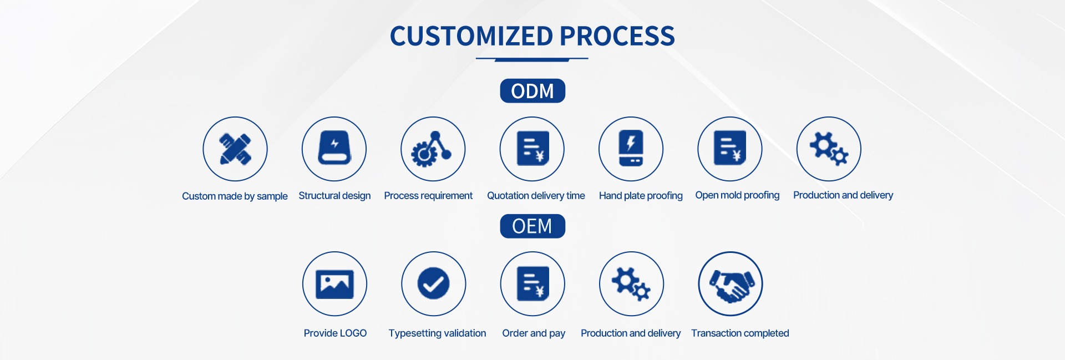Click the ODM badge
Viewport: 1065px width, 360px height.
(532, 91)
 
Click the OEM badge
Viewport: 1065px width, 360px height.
(532, 226)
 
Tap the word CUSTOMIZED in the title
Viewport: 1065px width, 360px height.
(471, 37)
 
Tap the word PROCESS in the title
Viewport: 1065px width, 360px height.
(617, 37)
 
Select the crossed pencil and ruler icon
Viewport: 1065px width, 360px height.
(235, 149)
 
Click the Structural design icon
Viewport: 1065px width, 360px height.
(334, 149)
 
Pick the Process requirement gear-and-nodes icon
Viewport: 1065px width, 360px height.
(433, 149)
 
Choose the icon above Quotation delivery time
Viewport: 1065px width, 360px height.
(532, 149)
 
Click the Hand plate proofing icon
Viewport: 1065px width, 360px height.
(631, 149)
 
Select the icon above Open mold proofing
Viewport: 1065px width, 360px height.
(729, 149)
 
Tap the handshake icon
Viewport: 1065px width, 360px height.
(731, 284)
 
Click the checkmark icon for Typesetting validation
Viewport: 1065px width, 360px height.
(433, 284)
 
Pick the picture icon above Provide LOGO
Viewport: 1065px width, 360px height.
(334, 284)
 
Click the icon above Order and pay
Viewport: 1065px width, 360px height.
(532, 284)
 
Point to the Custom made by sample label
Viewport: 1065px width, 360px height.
(235, 196)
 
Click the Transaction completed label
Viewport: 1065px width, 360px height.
(740, 333)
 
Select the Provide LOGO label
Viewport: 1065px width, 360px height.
(335, 333)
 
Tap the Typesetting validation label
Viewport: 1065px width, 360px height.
(437, 333)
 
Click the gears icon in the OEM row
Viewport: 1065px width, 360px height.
(631, 284)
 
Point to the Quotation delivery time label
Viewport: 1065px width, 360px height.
(536, 196)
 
